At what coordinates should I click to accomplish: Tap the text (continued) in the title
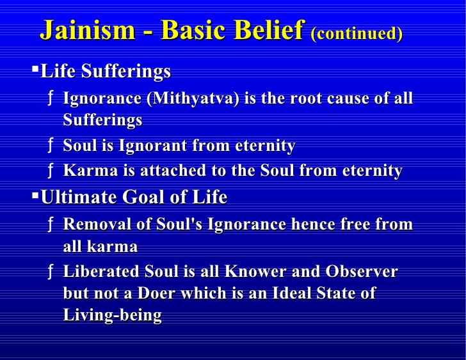(x=357, y=33)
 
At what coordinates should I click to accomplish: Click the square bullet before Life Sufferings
(x=35, y=67)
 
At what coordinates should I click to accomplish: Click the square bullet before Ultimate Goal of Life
(x=35, y=192)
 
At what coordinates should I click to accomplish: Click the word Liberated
(x=99, y=271)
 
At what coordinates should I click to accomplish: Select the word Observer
(x=362, y=271)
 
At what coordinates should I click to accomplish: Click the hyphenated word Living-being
(x=112, y=316)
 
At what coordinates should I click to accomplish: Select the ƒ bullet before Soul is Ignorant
(x=50, y=146)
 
